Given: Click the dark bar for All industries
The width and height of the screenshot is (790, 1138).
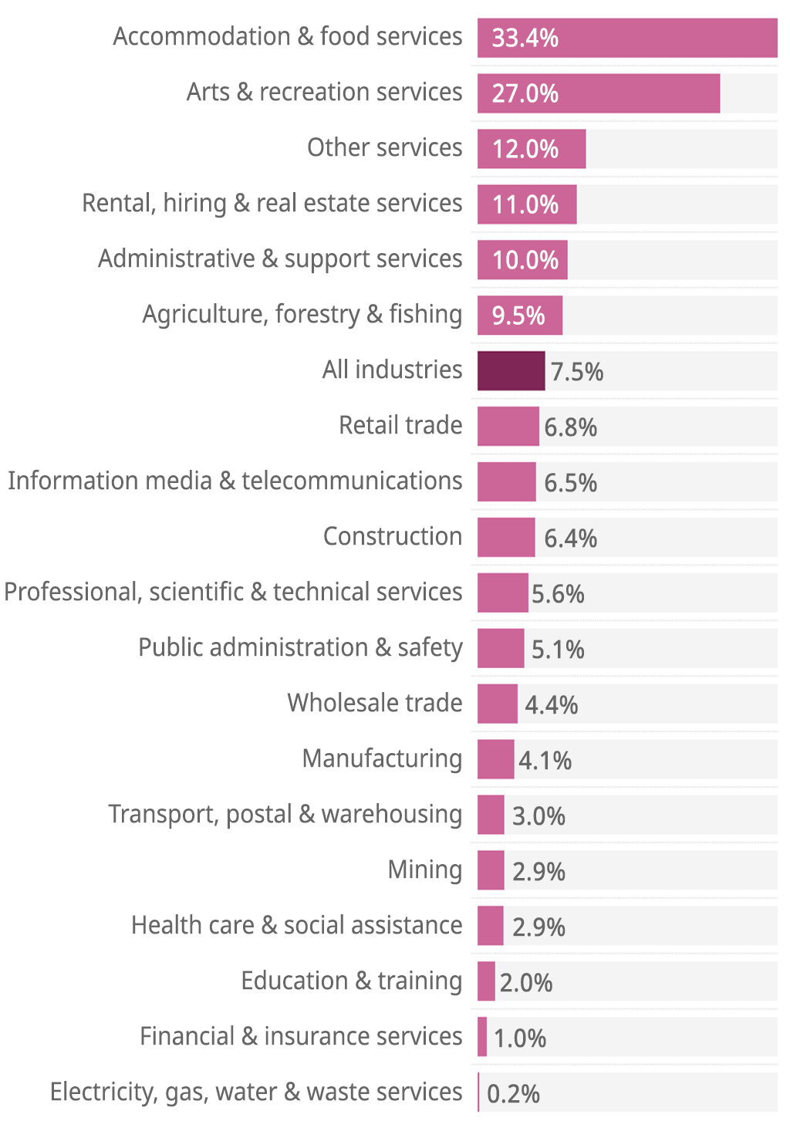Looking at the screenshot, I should pyautogui.click(x=511, y=370).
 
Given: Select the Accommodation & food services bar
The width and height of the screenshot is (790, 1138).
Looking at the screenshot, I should pyautogui.click(x=626, y=38).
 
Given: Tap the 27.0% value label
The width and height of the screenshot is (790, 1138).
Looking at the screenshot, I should pyautogui.click(x=525, y=93).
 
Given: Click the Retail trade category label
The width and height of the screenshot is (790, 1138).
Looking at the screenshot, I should pyautogui.click(x=400, y=425).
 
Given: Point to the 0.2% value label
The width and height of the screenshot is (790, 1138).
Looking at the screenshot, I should pyautogui.click(x=513, y=1093).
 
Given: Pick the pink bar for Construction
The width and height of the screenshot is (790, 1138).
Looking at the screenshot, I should pyautogui.click(x=506, y=537).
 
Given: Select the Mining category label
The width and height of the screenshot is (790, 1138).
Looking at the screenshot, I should pyautogui.click(x=424, y=870).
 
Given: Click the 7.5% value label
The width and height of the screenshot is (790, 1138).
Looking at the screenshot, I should pyautogui.click(x=576, y=372).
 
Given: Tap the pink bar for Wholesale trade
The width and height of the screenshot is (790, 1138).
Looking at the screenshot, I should pyautogui.click(x=498, y=704).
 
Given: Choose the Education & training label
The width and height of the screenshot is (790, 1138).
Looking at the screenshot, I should pyautogui.click(x=351, y=981).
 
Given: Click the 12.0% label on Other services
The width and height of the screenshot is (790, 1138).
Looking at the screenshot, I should pyautogui.click(x=525, y=149).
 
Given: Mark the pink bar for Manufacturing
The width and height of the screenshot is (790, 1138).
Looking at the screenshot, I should pyautogui.click(x=495, y=759).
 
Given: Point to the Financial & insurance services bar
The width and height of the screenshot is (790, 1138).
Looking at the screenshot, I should pyautogui.click(x=482, y=1037).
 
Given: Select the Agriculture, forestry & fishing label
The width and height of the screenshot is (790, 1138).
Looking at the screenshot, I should pyautogui.click(x=302, y=314).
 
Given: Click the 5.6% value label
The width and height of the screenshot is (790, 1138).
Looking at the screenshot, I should pyautogui.click(x=558, y=594).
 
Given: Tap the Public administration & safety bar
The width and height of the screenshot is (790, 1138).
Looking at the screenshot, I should pyautogui.click(x=501, y=648).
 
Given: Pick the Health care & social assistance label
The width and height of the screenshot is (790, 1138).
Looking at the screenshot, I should pyautogui.click(x=296, y=925).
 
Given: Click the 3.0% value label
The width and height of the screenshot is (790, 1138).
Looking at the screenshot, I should pyautogui.click(x=538, y=816).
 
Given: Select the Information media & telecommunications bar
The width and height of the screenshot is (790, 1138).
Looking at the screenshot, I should pyautogui.click(x=506, y=481).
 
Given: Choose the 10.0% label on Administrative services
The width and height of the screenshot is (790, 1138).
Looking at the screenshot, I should pyautogui.click(x=525, y=260).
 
